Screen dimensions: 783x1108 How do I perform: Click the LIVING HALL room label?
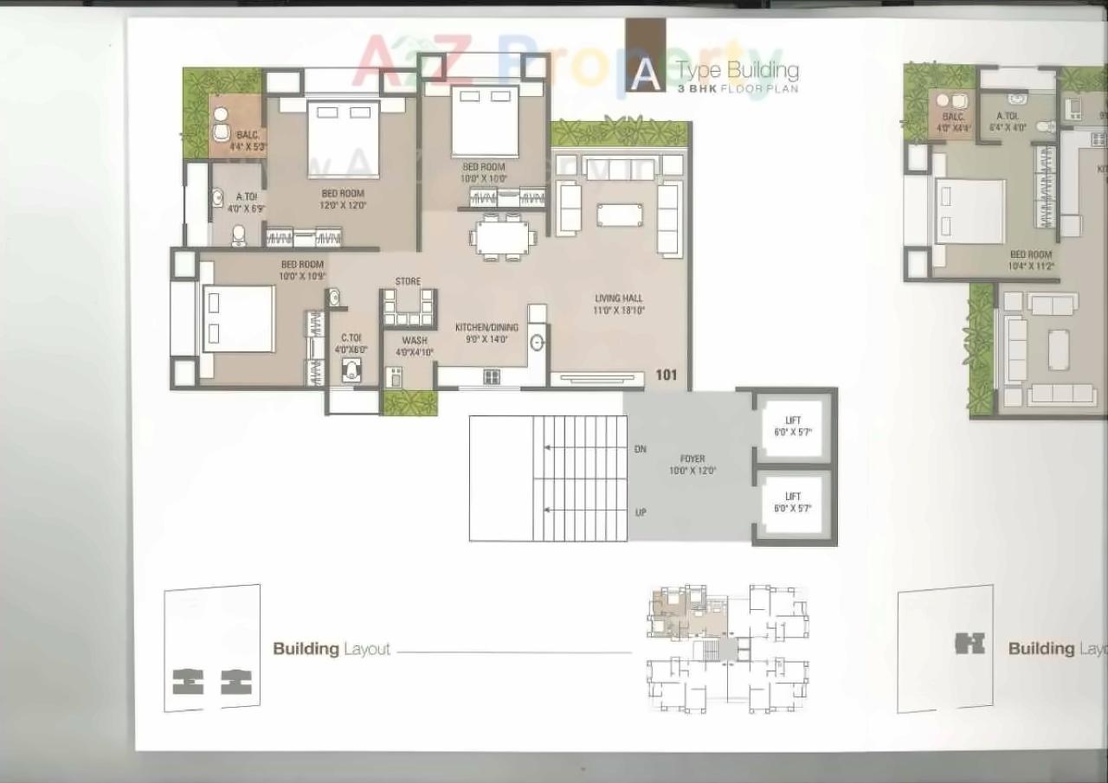tap(619, 304)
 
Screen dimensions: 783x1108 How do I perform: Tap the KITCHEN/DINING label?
tap(487, 333)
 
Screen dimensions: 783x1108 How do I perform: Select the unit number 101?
tap(666, 375)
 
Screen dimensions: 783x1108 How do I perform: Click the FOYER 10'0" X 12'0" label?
tap(692, 465)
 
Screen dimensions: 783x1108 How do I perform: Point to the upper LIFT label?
tap(793, 426)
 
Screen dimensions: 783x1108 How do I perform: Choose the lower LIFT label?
tap(793, 502)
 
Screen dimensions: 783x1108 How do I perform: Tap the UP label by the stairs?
tap(641, 512)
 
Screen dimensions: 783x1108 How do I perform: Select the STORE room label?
tap(408, 281)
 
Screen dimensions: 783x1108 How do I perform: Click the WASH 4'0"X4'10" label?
tap(414, 346)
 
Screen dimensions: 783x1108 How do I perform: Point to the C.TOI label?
tap(351, 343)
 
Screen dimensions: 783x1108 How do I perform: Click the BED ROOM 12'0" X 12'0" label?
tap(343, 199)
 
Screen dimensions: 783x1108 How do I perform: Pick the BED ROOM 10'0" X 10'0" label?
tap(483, 172)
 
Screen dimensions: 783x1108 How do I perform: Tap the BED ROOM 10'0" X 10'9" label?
tap(301, 270)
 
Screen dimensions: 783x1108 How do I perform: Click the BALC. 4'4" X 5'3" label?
tap(248, 141)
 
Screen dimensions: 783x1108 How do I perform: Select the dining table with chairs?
tap(502, 236)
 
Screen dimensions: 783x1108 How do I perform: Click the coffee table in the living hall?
tap(620, 214)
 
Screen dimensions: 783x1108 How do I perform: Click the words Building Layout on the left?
tap(332, 649)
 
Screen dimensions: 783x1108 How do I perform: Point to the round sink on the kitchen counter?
tap(537, 343)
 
